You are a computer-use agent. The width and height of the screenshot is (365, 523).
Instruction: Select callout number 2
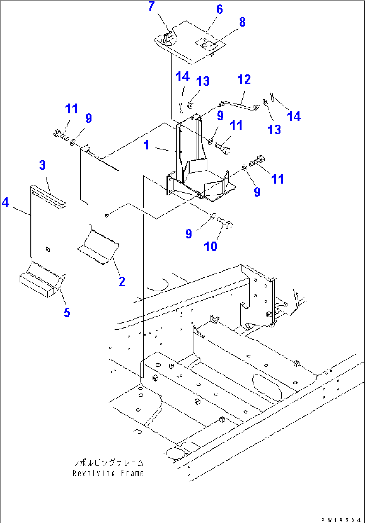(121, 281)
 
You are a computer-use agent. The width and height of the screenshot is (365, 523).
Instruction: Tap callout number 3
(42, 165)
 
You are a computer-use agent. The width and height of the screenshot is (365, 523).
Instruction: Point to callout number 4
(6, 202)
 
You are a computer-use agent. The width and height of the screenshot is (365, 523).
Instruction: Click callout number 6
(219, 9)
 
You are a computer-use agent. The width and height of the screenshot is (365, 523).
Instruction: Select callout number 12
(244, 80)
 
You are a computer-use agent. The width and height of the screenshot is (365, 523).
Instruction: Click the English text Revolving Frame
(108, 473)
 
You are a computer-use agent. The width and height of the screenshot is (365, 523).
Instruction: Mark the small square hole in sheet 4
(48, 249)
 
